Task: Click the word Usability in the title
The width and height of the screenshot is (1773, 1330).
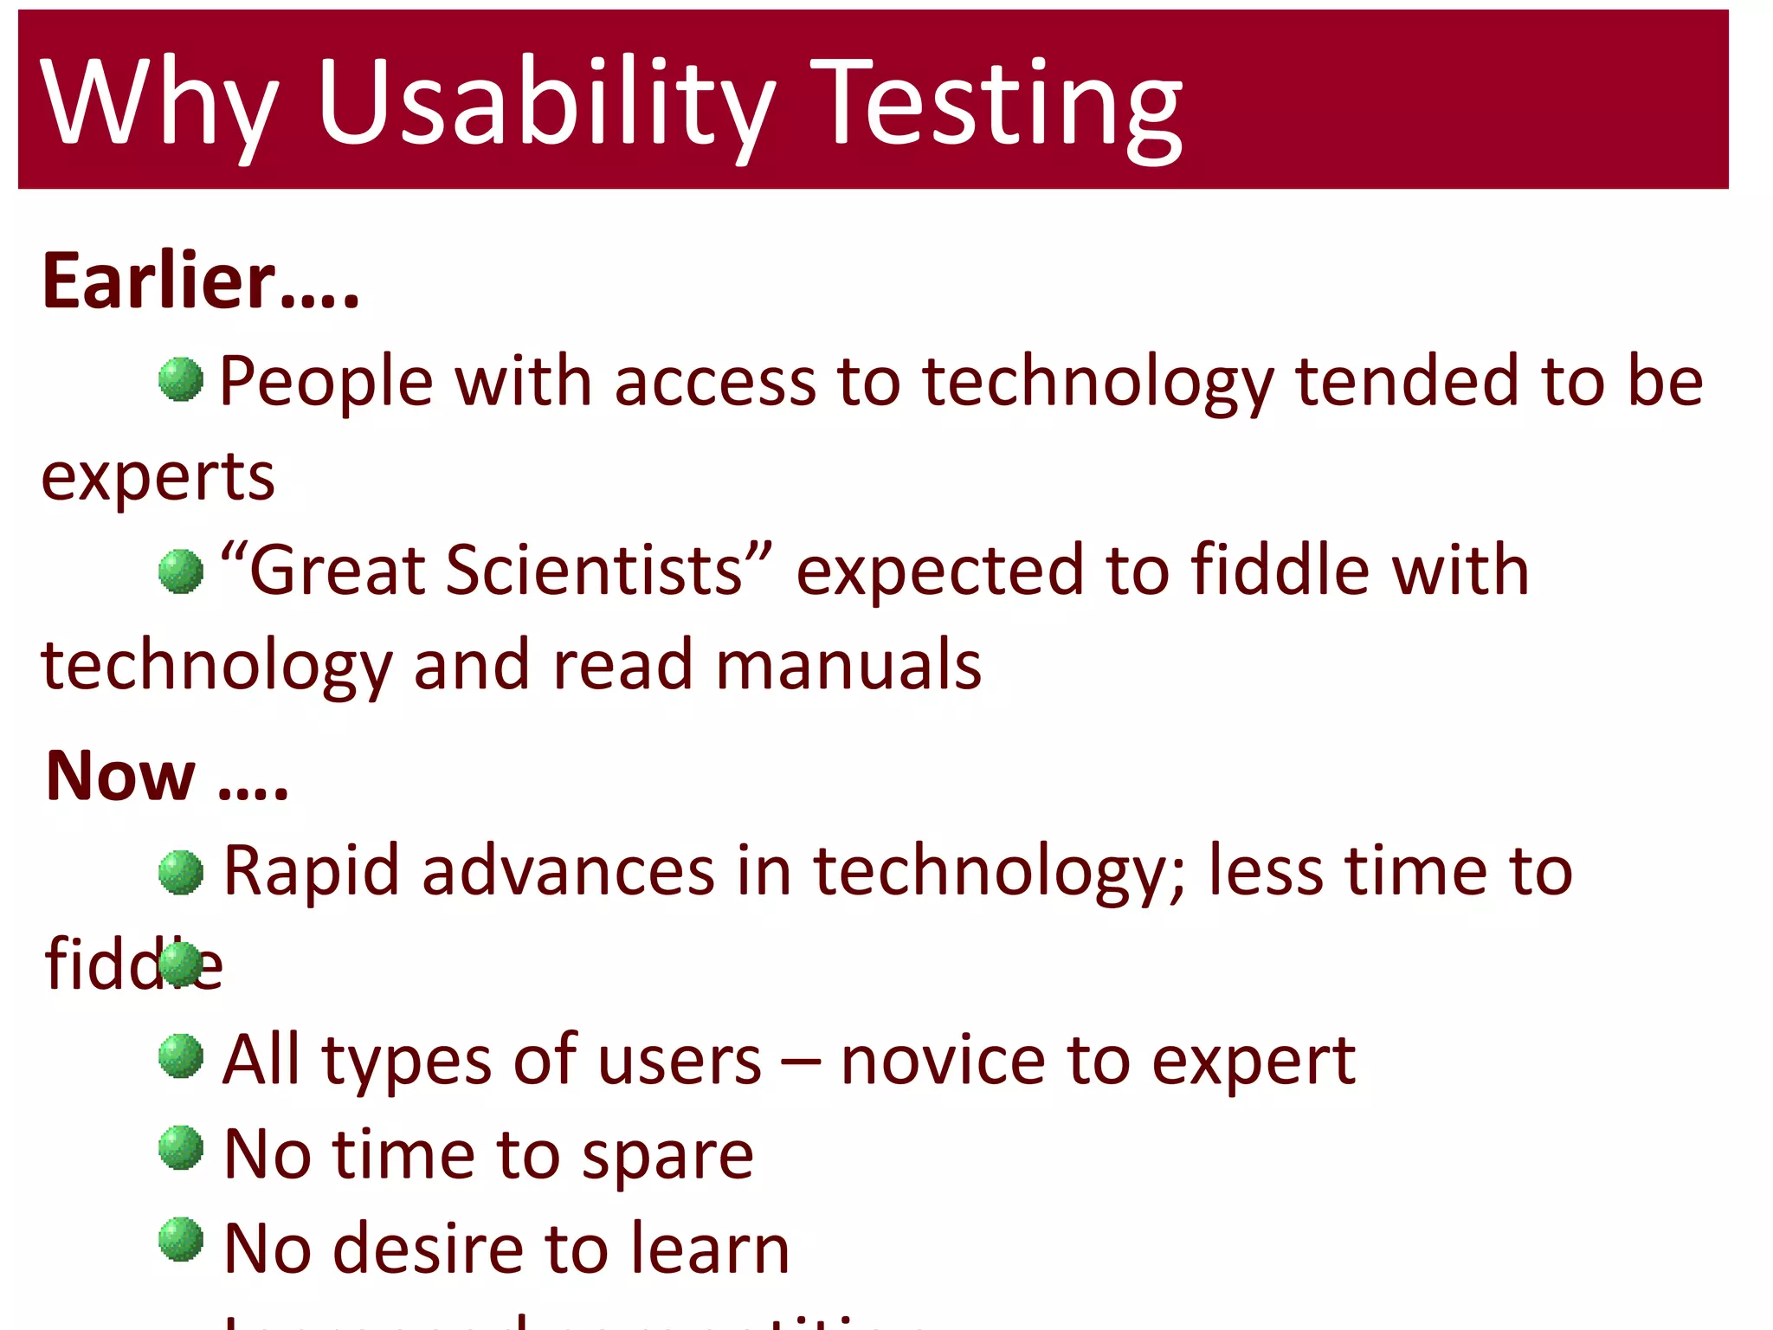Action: pos(545,102)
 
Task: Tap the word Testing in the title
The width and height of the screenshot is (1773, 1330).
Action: pos(996,102)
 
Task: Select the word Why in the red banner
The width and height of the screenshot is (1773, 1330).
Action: pos(160,102)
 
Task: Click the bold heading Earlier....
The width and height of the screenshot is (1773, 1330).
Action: pos(199,281)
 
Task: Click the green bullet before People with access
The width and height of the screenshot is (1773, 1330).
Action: pos(181,379)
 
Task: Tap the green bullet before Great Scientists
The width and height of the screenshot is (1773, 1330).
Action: pos(181,571)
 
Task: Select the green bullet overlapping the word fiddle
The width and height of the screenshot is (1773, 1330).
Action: pos(181,964)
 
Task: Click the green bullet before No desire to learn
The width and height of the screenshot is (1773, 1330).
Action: pos(181,1239)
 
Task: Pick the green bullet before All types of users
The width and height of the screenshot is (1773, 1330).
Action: pos(181,1056)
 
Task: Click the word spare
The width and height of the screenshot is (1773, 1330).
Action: pos(667,1156)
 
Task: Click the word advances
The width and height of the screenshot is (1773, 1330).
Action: pos(568,871)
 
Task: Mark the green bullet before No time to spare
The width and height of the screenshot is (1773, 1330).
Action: pos(181,1147)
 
